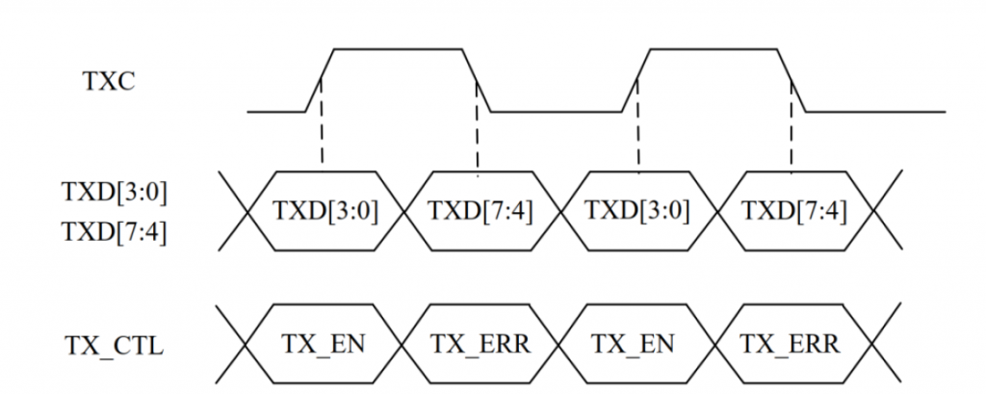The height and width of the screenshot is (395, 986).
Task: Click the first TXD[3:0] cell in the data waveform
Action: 324,210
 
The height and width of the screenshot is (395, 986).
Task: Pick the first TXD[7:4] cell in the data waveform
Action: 479,210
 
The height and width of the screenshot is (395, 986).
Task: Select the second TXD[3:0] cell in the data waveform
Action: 636,210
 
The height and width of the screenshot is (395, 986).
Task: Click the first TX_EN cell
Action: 324,343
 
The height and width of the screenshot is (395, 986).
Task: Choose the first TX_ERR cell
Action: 479,343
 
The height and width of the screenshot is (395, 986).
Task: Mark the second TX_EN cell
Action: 636,343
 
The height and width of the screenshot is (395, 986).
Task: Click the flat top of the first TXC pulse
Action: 400,48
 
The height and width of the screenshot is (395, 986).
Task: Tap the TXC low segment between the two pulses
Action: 557,112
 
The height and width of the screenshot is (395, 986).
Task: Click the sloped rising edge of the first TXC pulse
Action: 319,81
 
